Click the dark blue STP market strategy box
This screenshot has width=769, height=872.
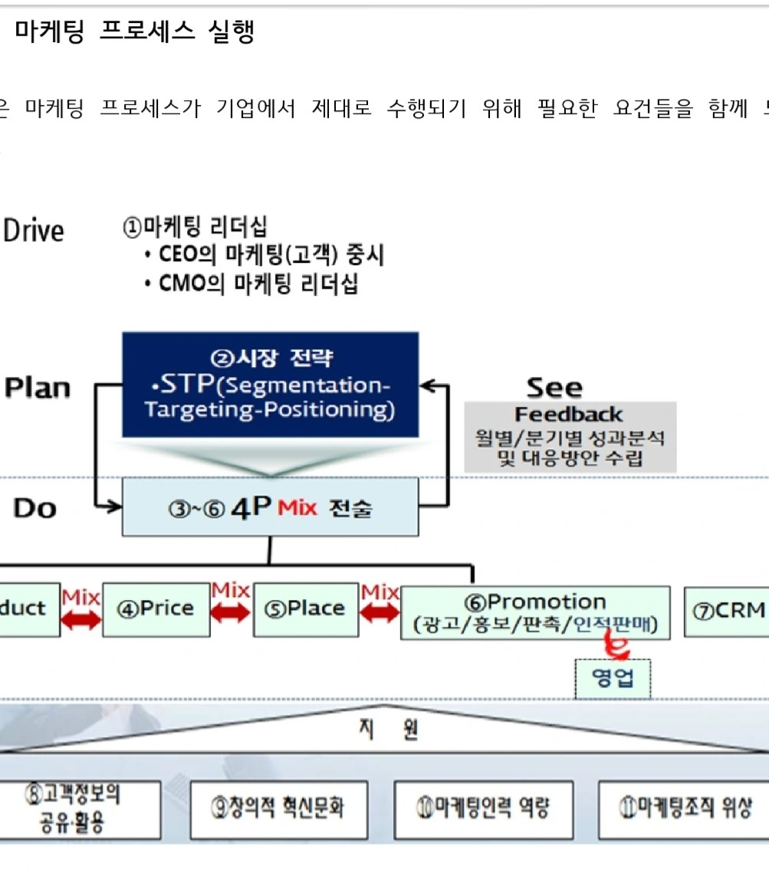270,385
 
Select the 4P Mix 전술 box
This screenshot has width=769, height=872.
270,507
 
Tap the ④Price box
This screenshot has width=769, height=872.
156,609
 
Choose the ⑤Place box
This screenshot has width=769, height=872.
305,609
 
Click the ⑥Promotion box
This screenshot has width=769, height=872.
535,613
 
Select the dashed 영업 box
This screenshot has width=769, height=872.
613,679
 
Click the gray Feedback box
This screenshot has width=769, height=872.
570,437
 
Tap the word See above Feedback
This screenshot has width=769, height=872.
554,388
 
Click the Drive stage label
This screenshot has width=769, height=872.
34,231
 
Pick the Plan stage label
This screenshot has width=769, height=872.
38,388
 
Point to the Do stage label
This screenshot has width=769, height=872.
35,508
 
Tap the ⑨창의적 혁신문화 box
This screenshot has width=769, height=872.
278,809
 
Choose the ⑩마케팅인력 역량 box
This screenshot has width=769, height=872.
483,809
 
